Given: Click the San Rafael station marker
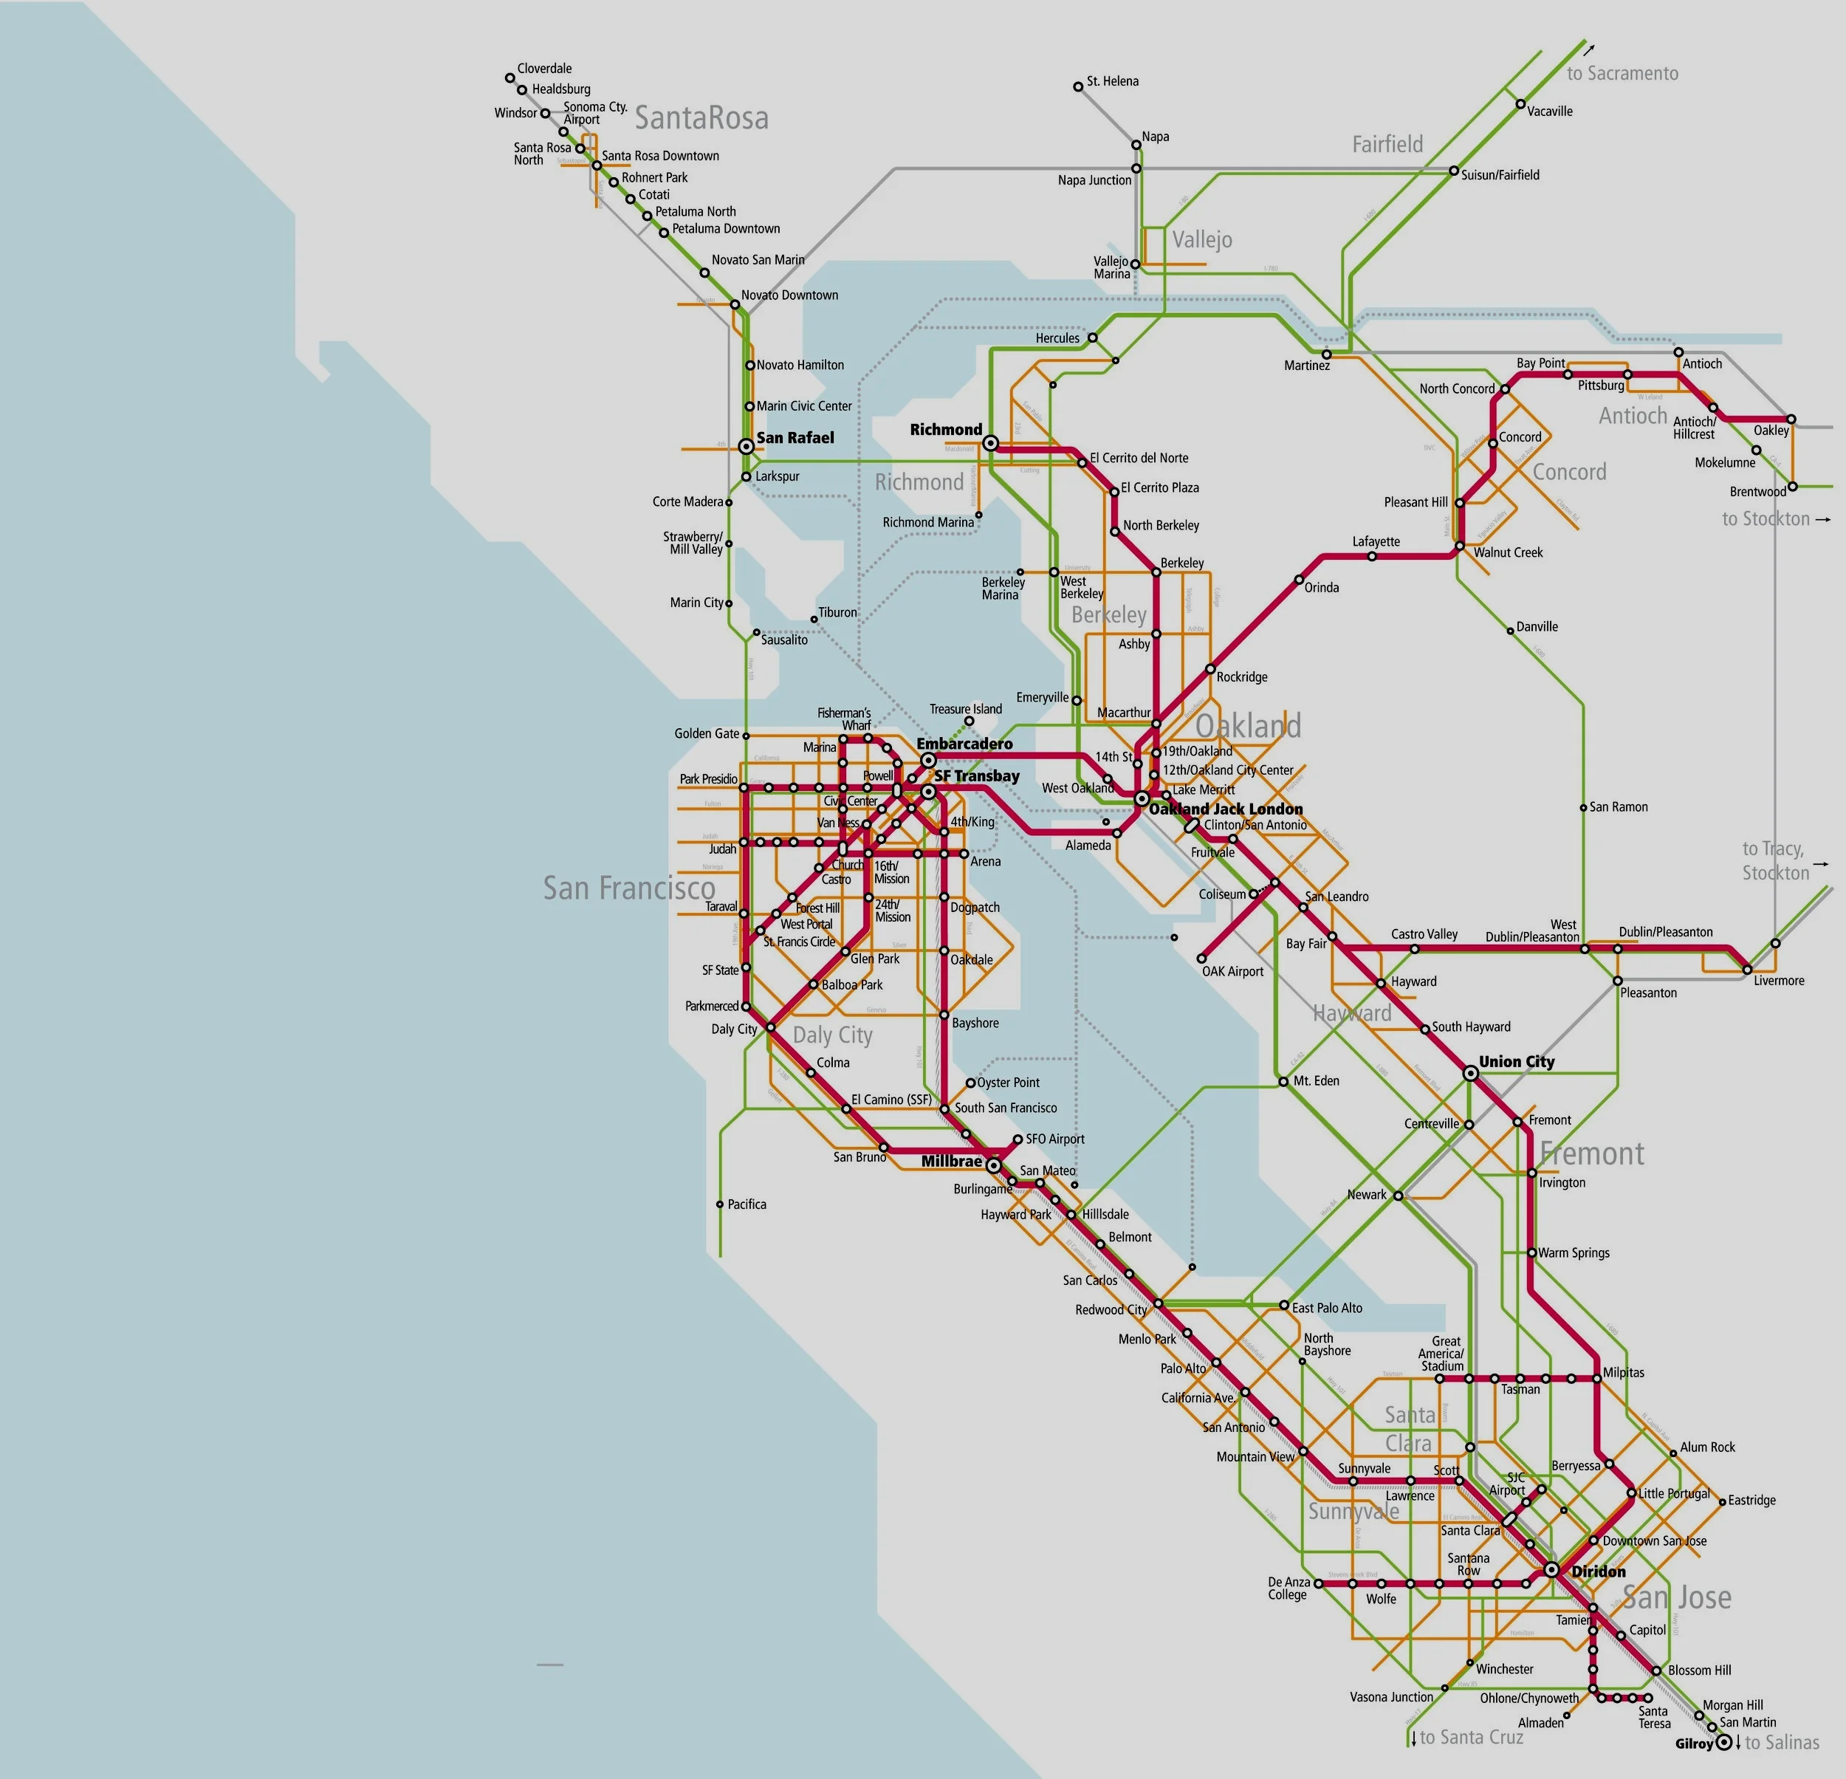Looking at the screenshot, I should click(x=746, y=445).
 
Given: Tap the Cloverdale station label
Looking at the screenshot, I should click(x=544, y=69).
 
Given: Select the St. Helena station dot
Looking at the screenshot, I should click(x=1078, y=86).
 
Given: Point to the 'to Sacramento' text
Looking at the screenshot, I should click(x=1622, y=73).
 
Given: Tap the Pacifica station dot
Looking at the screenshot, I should click(x=719, y=1204).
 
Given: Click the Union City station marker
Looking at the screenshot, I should click(x=1470, y=1073).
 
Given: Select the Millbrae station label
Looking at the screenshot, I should click(x=950, y=1161).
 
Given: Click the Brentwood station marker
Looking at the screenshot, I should click(x=1791, y=487).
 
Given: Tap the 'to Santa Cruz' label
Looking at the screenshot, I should click(x=1471, y=1738).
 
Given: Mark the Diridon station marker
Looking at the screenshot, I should click(x=1551, y=1570).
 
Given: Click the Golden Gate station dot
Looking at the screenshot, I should click(x=746, y=736).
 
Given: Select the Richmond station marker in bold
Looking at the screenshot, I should click(x=990, y=442).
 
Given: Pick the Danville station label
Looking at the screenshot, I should click(x=1537, y=626).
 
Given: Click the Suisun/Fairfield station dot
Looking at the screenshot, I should click(x=1453, y=171).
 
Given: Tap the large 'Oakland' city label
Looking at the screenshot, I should click(x=1248, y=726).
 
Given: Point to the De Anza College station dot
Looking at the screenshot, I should click(x=1317, y=1583).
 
